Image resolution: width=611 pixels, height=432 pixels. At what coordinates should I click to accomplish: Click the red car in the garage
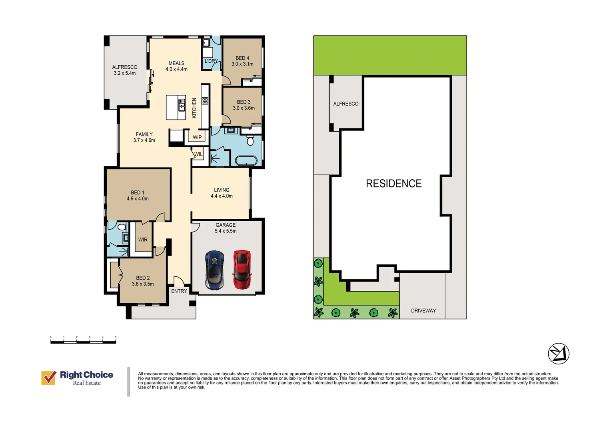point(242,270)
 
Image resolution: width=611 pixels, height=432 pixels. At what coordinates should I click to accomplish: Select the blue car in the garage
point(215,270)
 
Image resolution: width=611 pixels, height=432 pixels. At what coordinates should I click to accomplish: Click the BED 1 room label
point(138,196)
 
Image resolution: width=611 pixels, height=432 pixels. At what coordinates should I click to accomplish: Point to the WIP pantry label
point(197,137)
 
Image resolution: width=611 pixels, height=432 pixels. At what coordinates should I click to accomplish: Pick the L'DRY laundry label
point(212,61)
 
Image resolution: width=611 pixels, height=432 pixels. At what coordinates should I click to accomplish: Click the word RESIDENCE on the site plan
point(393,183)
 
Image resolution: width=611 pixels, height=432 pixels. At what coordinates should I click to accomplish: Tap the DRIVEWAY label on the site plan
point(423,310)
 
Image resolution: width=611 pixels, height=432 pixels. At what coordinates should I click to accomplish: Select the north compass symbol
point(559,354)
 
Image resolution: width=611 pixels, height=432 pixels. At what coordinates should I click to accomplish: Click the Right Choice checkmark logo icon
point(49,378)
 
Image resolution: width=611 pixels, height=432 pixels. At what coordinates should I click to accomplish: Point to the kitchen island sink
point(182,105)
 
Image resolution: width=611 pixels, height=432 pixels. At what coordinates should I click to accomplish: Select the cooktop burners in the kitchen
point(205,101)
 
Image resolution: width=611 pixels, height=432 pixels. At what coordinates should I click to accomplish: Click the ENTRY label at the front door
point(179,291)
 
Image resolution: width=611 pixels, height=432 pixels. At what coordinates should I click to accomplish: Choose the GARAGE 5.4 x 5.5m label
point(226,228)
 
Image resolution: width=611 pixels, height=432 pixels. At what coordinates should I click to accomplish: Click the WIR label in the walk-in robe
point(143,240)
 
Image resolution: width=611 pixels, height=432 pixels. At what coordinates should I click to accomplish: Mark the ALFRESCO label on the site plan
point(346,104)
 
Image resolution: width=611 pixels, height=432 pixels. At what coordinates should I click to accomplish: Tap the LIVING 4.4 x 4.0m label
point(222,193)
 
